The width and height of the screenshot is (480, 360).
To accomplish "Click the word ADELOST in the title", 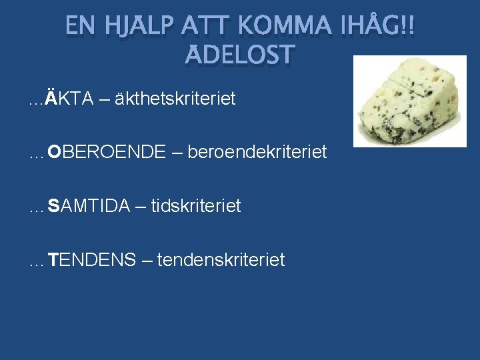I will coord(239,55).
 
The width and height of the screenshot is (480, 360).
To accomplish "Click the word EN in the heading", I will coord(81,26).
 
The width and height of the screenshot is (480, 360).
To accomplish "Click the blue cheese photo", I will coord(409,101).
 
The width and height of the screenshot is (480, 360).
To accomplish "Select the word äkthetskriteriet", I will coord(175,99).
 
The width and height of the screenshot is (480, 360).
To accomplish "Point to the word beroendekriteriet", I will coord(257,152).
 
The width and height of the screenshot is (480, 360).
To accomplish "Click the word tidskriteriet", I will coord(196,205).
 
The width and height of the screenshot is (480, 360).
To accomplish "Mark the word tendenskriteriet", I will coord(221,259).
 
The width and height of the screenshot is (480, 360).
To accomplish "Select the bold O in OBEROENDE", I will coord(54,152).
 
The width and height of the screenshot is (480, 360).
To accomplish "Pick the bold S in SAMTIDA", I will coord(53,205).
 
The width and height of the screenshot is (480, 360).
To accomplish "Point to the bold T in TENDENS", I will coord(53,259).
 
